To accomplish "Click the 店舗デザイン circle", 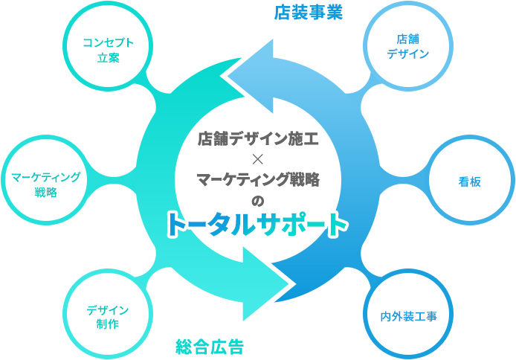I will (408, 46).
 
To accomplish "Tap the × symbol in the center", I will (259, 158).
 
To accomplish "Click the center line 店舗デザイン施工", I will (258, 138).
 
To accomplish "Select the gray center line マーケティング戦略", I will (258, 179).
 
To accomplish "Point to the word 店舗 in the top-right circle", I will (408, 39).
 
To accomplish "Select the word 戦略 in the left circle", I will (45, 192).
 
